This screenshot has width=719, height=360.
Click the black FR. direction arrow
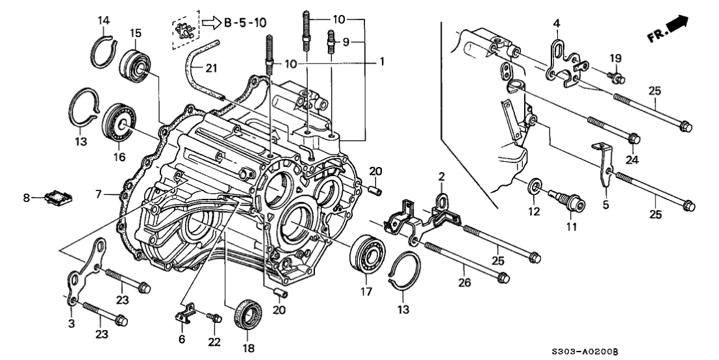pos(696,27)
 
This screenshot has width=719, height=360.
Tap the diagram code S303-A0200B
pos(652,350)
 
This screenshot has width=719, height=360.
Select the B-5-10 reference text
pos(245,24)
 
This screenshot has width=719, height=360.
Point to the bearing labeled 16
pos(118,121)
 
